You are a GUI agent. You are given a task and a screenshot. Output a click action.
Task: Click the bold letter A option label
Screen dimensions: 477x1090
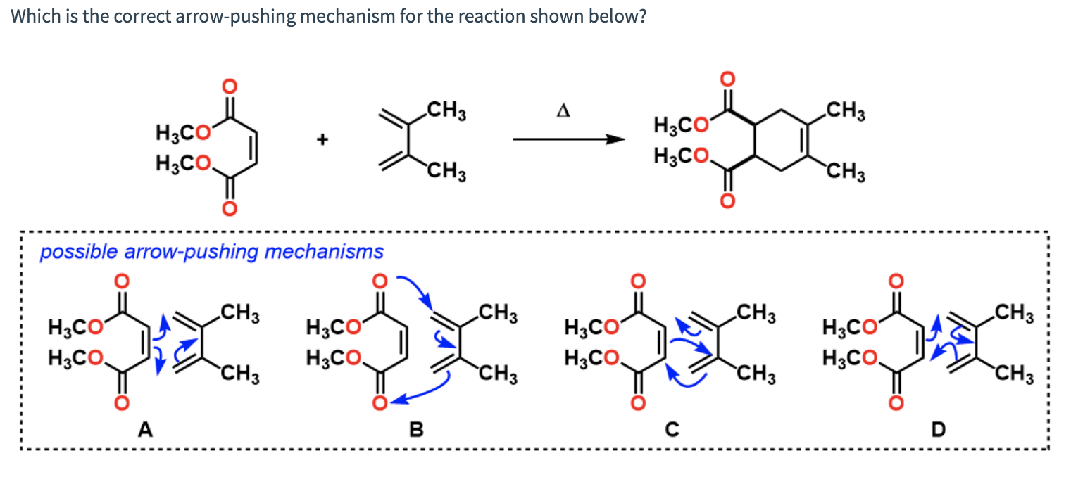[x=145, y=428]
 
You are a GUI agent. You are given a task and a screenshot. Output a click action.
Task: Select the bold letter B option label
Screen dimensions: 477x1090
[x=416, y=428]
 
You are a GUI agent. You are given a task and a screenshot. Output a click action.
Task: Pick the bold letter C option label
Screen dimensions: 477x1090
[x=673, y=428]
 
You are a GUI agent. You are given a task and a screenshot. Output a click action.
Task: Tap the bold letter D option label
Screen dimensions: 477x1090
[x=936, y=428]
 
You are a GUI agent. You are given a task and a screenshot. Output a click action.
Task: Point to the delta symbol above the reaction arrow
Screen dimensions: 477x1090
[x=563, y=111]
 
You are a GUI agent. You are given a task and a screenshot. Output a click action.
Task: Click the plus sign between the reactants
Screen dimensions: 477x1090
[x=322, y=140]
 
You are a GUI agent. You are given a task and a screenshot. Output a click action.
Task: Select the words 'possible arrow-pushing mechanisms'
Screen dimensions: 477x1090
[x=211, y=251]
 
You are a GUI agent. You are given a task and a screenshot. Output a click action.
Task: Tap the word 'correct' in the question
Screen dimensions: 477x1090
[x=143, y=16]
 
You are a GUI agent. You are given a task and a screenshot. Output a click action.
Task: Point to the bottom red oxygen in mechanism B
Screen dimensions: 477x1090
[x=380, y=402]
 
